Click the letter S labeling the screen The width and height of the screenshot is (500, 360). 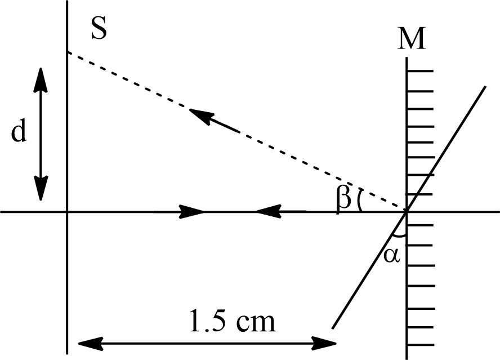[99, 29]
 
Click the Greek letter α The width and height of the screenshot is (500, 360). [392, 255]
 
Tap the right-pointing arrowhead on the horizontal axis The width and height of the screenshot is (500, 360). [193, 212]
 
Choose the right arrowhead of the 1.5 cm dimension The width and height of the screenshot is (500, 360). [327, 342]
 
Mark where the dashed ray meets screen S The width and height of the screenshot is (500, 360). [67, 52]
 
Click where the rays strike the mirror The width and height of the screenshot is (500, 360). [406, 212]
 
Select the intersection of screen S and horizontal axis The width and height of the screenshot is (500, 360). [67, 212]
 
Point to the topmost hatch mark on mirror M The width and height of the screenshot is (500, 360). [420, 72]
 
